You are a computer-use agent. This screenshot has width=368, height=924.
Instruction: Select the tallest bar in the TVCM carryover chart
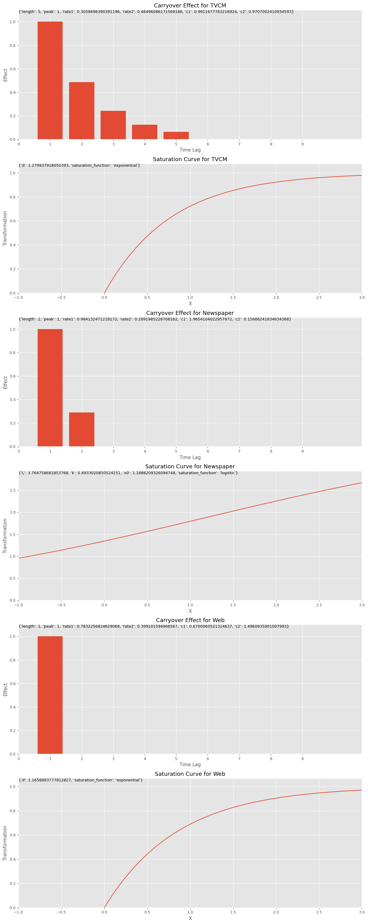[50, 80]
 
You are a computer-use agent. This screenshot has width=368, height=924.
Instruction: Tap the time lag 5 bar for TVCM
[176, 136]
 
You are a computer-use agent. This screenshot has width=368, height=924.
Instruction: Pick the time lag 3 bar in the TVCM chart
[113, 125]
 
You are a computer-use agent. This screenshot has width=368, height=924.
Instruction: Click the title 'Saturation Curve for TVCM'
[190, 159]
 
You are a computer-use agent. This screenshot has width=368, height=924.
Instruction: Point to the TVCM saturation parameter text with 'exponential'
[79, 165]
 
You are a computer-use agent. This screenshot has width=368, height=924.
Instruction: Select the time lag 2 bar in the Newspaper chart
[82, 429]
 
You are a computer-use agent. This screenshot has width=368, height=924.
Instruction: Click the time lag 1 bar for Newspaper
[50, 388]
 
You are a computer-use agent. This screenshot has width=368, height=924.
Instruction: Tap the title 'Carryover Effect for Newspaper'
[190, 313]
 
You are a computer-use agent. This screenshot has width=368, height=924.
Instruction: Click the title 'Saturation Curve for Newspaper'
[190, 467]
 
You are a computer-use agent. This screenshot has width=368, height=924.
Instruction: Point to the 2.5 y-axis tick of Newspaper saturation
[13, 490]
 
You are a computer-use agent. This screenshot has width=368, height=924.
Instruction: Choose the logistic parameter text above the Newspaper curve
[128, 473]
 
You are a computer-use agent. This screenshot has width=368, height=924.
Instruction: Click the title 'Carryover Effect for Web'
[190, 620]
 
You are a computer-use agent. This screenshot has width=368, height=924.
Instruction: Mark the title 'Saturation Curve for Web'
[190, 774]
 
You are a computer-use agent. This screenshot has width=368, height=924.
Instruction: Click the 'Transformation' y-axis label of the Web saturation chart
[5, 843]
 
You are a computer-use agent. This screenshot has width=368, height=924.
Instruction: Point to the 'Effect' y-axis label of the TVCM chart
[5, 75]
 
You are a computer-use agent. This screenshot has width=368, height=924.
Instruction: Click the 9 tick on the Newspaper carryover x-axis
[302, 451]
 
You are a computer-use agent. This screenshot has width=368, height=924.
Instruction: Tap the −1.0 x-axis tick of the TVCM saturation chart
[19, 297]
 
